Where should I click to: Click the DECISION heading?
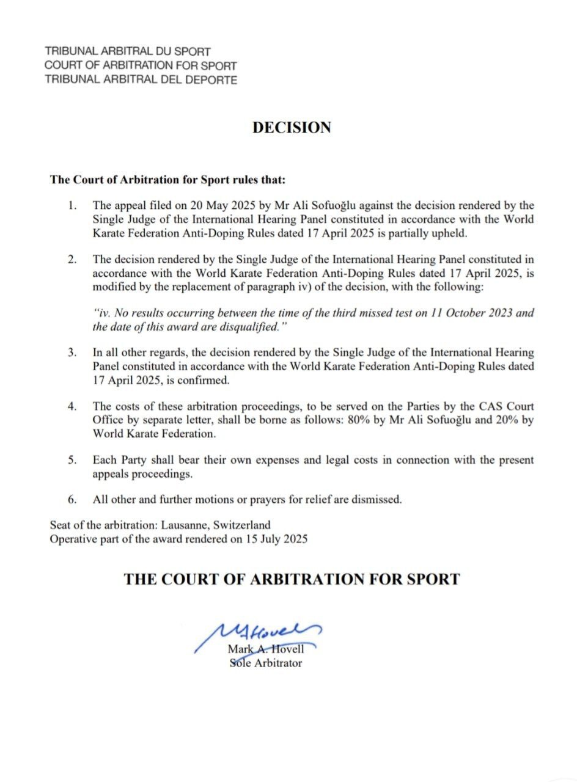coord(292,128)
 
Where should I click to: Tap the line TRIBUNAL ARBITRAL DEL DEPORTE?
coord(141,79)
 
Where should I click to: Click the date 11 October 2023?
coord(432,313)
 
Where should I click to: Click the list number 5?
coord(73,459)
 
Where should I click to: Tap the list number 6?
coord(73,499)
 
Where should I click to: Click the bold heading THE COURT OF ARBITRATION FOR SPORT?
coord(292,579)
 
